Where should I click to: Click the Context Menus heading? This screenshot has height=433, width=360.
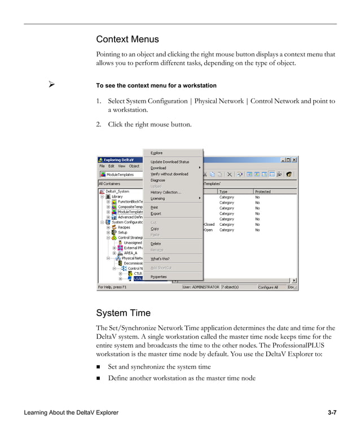[128, 40]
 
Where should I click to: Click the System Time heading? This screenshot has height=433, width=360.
[123, 313]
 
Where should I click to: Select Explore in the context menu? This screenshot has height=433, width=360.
[156, 153]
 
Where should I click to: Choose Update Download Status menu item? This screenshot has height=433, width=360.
[170, 162]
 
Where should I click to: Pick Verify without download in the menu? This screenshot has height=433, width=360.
[169, 174]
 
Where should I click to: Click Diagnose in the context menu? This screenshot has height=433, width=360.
[158, 180]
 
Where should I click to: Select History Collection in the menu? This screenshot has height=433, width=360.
[166, 193]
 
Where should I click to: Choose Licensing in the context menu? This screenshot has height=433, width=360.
[158, 199]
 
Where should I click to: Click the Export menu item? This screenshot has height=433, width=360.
[156, 213]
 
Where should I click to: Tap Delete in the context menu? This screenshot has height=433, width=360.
[156, 243]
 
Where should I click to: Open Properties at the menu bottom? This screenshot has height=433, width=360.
[159, 277]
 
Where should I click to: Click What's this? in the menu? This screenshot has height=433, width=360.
[160, 259]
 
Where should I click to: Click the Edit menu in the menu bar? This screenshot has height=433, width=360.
[111, 167]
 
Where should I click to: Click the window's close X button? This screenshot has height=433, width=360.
[294, 160]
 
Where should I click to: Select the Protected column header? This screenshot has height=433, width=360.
[263, 191]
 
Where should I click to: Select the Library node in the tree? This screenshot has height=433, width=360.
[117, 196]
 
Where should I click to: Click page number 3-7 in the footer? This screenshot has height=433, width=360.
[332, 413]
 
